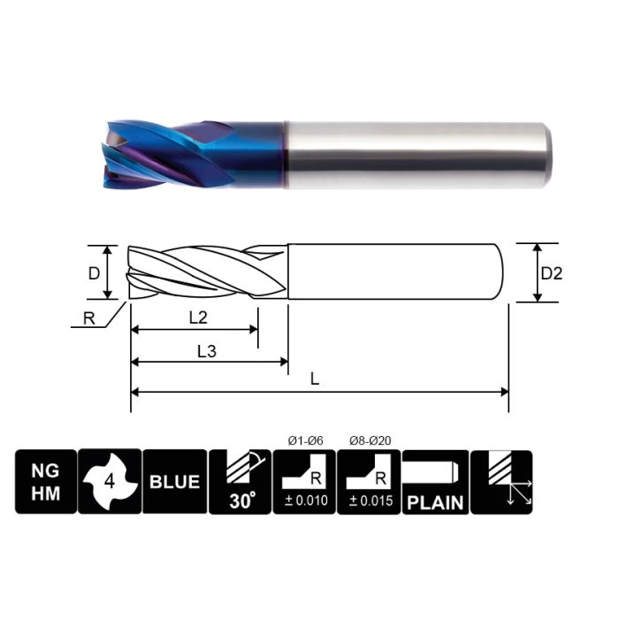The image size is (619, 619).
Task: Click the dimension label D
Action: point(95,273)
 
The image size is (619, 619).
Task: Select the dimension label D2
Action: point(551,273)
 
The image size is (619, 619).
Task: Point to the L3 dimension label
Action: point(206,350)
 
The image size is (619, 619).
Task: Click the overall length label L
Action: point(315,379)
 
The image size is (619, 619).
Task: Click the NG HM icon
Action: point(45,482)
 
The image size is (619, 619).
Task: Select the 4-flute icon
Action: point(110,482)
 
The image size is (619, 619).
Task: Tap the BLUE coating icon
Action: point(174,482)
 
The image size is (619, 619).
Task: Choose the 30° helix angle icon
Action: point(240,482)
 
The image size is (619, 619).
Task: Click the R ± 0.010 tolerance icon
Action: point(304,482)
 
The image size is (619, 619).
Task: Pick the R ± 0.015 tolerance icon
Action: point(369,482)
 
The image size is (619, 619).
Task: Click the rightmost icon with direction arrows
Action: point(501,482)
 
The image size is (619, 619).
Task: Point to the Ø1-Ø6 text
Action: point(304,439)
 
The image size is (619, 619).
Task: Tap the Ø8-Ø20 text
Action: point(369,439)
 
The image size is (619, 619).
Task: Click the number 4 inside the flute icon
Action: point(110,483)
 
